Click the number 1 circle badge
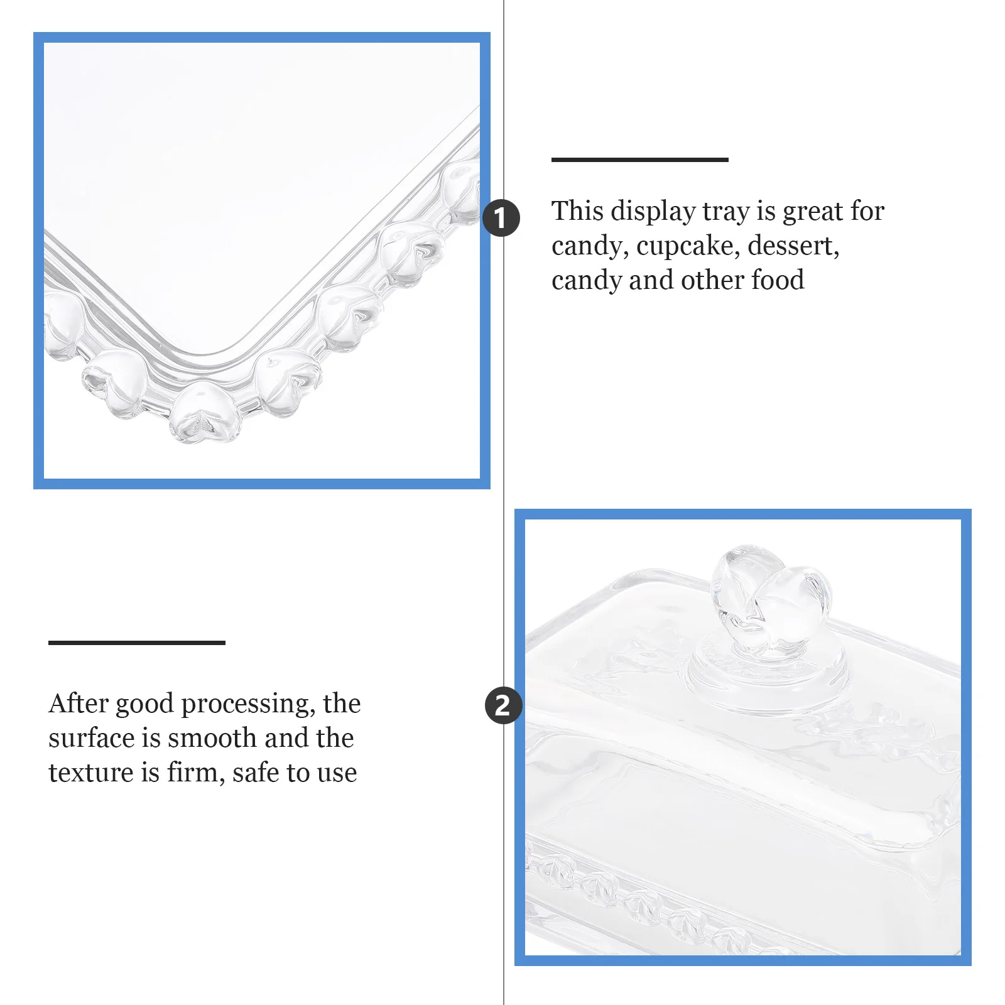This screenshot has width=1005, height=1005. point(501,219)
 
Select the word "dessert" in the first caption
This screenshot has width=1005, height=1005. point(793,246)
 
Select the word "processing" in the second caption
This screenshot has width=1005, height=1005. point(248,705)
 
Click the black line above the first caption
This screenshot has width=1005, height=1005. point(639,160)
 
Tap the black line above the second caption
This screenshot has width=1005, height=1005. point(136,642)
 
